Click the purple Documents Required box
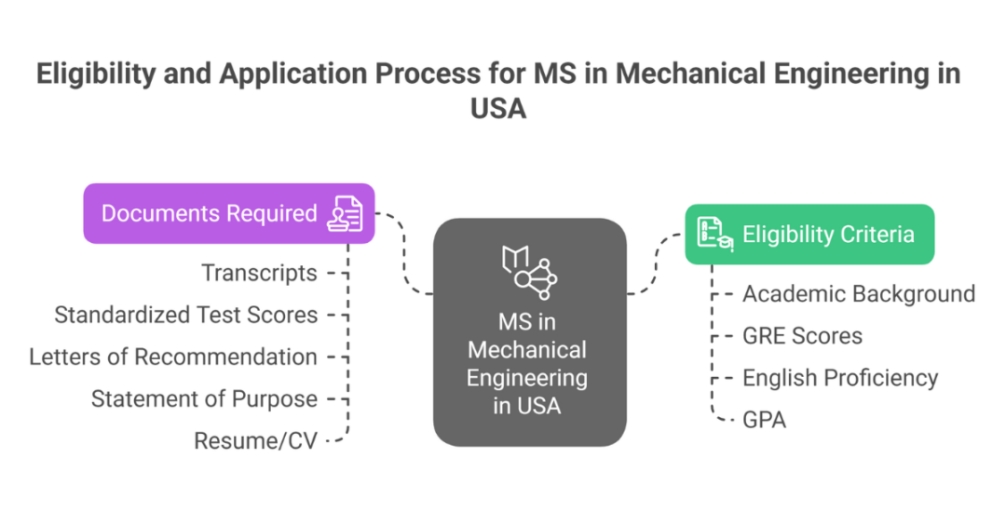228,213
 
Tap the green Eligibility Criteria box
809,234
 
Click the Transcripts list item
259,273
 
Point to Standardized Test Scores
185,315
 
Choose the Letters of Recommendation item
172,357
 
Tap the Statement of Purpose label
204,398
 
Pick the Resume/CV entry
255,440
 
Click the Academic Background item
858,294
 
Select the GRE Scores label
802,336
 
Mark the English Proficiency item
839,378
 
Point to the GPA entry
764,420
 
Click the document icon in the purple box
345,213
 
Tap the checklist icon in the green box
714,234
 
